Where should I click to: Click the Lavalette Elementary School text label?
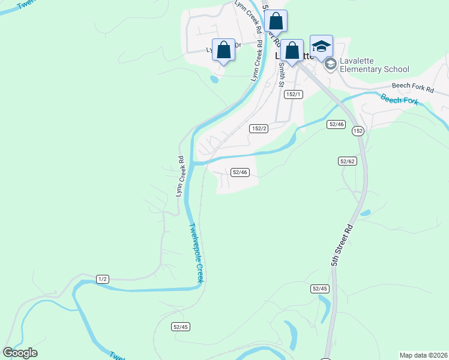[x=375, y=65]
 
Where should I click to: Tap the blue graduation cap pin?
[x=321, y=47]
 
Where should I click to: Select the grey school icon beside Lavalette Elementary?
[x=330, y=64]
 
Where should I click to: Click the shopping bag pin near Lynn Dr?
[x=223, y=50]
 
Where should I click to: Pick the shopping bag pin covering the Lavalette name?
[x=292, y=51]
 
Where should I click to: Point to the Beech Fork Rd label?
[x=413, y=88]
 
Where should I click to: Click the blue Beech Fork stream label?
[x=399, y=100]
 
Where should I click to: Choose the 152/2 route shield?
[x=259, y=128]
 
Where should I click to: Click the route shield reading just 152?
[x=358, y=131]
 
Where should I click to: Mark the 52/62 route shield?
[x=348, y=161]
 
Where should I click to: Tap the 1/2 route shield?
[x=103, y=279]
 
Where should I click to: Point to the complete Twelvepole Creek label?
[x=197, y=252]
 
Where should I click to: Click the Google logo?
[x=20, y=353]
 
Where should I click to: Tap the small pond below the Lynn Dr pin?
[x=214, y=79]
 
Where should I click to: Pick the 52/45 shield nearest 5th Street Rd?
[x=320, y=289]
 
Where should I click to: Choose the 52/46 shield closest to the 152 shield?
[x=336, y=124]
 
